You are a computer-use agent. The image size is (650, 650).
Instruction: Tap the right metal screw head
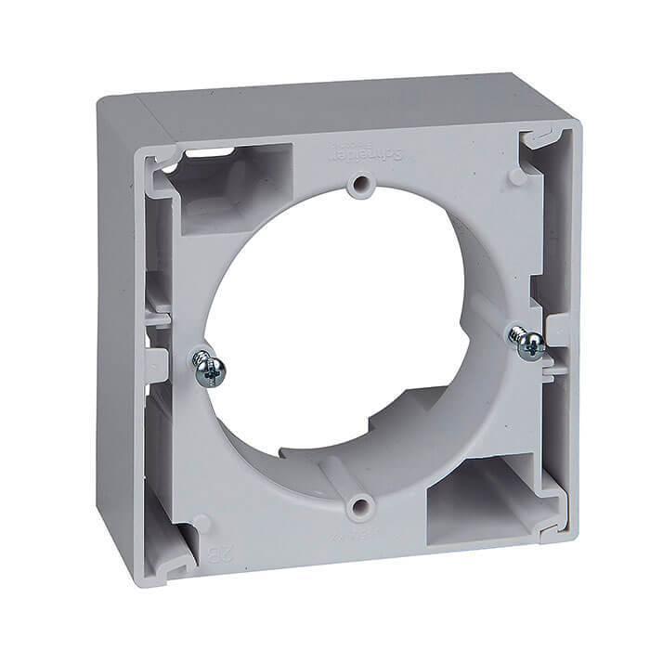pyautogui.click(x=529, y=345)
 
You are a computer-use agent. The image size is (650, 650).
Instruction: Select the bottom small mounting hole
pyautogui.click(x=356, y=506)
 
